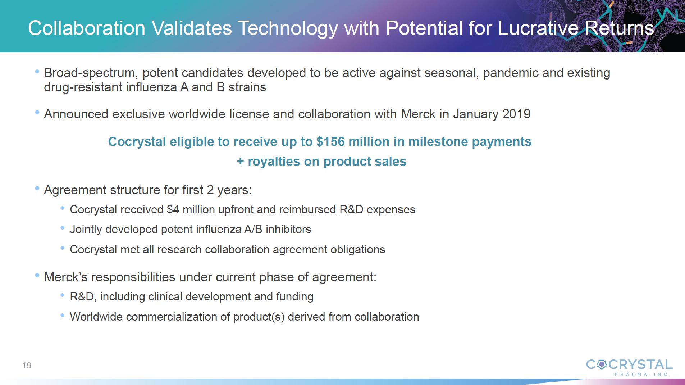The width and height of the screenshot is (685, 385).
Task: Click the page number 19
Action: pos(27,366)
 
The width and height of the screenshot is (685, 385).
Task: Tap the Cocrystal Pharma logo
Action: pos(629,367)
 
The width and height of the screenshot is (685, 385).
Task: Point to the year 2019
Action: pos(516,114)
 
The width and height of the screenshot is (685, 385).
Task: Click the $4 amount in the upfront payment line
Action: pos(173,209)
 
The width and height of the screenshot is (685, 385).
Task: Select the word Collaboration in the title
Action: pos(87,28)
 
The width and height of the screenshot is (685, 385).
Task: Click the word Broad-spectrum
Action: pos(90,73)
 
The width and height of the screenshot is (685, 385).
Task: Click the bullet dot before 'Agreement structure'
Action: pos(37,188)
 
